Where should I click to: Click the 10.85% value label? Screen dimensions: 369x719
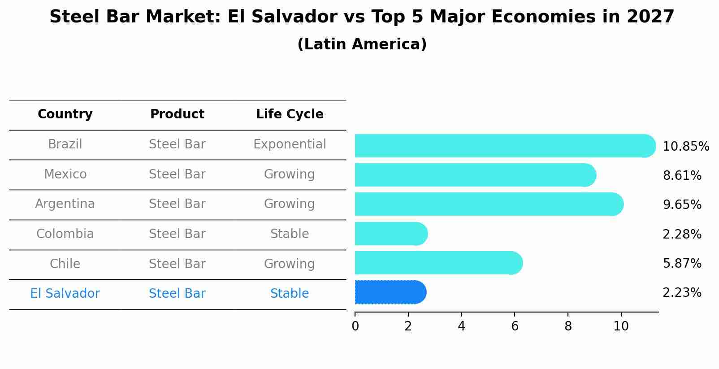coord(685,147)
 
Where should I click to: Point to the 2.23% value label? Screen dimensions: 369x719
coord(681,293)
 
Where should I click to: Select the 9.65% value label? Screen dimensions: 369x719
coord(681,205)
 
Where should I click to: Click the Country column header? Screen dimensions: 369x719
coord(65,114)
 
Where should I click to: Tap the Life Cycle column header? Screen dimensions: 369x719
coord(290,114)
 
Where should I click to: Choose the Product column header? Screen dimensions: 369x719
coord(177,114)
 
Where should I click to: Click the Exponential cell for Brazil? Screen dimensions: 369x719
coord(290,144)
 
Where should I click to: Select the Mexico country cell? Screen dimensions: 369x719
coord(65,174)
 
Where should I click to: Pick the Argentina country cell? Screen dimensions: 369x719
coord(65,204)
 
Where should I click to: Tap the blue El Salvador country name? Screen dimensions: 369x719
coord(65,294)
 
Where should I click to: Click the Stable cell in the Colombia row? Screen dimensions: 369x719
coord(290,234)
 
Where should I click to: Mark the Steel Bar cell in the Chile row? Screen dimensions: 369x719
coord(177,264)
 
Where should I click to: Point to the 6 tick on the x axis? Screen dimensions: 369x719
coord(515,326)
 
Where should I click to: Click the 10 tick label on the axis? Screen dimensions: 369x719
coord(621,326)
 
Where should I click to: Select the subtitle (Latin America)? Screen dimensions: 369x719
coord(362,44)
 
